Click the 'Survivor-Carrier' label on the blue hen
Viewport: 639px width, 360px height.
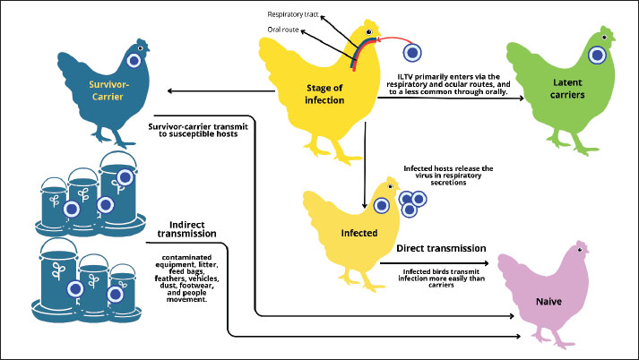108,90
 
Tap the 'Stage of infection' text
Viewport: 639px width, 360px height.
324,94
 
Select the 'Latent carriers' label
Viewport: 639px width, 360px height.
567,89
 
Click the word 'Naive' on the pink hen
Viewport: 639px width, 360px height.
548,302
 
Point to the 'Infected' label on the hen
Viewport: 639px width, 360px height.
359,233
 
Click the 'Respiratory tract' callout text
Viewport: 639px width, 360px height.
292,14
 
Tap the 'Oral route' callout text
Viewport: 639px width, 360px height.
283,30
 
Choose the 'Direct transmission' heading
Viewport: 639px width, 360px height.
441,248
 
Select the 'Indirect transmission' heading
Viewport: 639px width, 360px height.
187,229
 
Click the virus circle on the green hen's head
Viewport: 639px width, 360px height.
597,55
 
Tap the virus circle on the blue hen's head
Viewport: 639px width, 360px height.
134,61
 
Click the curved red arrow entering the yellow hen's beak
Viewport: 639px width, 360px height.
394,39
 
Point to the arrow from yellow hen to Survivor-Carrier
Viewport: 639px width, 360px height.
220,90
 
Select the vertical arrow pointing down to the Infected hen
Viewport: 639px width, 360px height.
365,166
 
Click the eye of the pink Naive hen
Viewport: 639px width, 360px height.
580,250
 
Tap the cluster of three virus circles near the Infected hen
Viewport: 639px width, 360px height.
412,203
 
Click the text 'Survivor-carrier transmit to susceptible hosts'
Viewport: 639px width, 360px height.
198,130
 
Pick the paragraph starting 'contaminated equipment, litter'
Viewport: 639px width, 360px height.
186,279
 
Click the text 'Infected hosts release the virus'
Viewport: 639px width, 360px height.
448,176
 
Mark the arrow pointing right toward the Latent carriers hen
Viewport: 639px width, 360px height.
451,98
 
